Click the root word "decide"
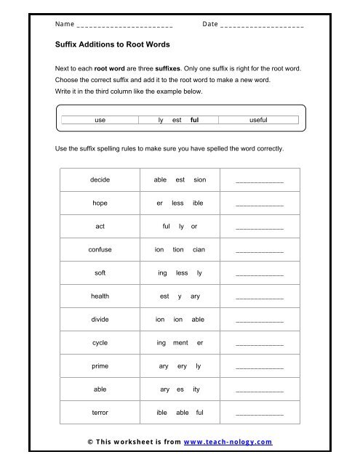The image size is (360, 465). pyautogui.click(x=100, y=179)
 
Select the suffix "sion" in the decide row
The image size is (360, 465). pyautogui.click(x=200, y=179)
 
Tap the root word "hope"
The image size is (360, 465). pyautogui.click(x=100, y=203)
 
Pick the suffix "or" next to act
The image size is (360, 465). pyautogui.click(x=194, y=226)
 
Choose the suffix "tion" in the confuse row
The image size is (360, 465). pyautogui.click(x=178, y=249)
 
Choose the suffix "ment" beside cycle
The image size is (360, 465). pyautogui.click(x=182, y=342)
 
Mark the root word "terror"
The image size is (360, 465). pyautogui.click(x=100, y=412)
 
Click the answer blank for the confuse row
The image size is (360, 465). pyautogui.click(x=260, y=251)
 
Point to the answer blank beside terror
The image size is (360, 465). pyautogui.click(x=260, y=414)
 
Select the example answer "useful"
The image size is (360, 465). pyautogui.click(x=258, y=120)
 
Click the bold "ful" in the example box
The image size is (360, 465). pyautogui.click(x=195, y=120)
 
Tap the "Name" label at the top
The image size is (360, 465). pyautogui.click(x=65, y=24)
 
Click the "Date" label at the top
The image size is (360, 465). pyautogui.click(x=210, y=24)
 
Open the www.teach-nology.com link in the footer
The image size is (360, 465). pyautogui.click(x=228, y=442)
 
